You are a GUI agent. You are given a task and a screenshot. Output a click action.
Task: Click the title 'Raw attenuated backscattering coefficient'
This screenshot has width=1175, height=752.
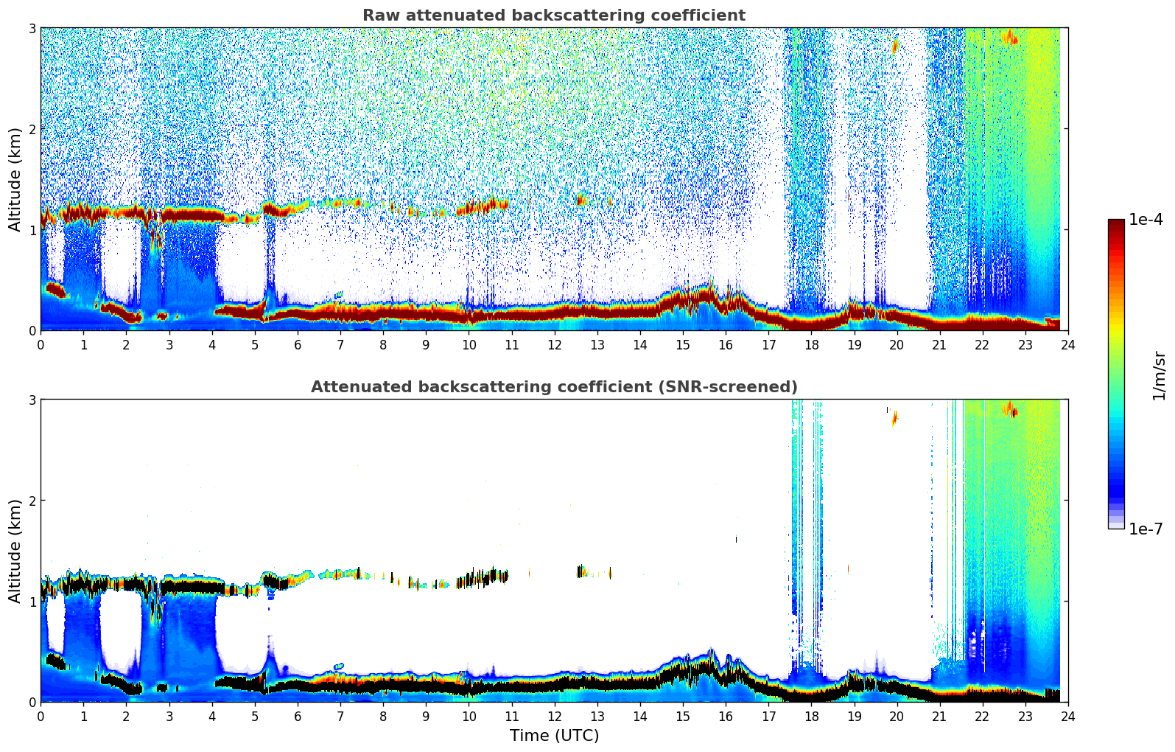(x=553, y=15)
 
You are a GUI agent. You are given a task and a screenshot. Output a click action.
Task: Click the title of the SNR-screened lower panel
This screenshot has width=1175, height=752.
(x=553, y=387)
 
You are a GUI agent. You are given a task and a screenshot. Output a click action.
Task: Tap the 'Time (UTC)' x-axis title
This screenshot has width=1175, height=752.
(x=554, y=736)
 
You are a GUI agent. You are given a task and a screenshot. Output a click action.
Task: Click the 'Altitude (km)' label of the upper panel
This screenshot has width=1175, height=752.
(x=15, y=179)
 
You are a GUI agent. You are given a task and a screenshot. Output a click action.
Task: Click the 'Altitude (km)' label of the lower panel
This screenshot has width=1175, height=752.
(x=15, y=551)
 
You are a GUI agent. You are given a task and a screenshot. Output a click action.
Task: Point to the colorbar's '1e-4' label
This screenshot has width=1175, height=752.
(x=1146, y=220)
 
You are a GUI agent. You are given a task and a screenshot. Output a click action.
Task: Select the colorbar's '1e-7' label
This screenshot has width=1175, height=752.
(x=1146, y=529)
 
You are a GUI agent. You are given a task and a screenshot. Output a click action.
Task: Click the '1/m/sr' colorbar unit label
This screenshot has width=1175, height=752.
(x=1159, y=375)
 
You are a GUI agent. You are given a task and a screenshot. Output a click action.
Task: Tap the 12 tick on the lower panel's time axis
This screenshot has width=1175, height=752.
(x=554, y=716)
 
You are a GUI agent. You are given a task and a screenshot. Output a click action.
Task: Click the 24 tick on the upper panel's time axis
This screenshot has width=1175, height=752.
(x=1067, y=344)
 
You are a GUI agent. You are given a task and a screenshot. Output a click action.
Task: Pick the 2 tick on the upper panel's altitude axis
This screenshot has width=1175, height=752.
(x=32, y=129)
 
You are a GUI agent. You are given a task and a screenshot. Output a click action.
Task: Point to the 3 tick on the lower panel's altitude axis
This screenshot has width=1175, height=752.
(x=32, y=400)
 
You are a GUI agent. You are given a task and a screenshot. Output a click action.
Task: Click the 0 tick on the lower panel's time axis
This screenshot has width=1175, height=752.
(x=41, y=716)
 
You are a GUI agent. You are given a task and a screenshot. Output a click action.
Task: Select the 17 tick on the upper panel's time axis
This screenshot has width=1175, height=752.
(x=768, y=344)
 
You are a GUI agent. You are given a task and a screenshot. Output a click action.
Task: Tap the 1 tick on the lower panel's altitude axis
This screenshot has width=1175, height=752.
(x=32, y=602)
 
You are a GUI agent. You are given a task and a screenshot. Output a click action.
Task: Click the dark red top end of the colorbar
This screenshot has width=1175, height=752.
(x=1116, y=223)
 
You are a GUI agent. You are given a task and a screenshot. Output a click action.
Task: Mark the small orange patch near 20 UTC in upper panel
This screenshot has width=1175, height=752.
(x=895, y=46)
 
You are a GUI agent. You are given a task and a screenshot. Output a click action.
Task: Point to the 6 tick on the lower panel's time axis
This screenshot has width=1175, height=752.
(x=298, y=716)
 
